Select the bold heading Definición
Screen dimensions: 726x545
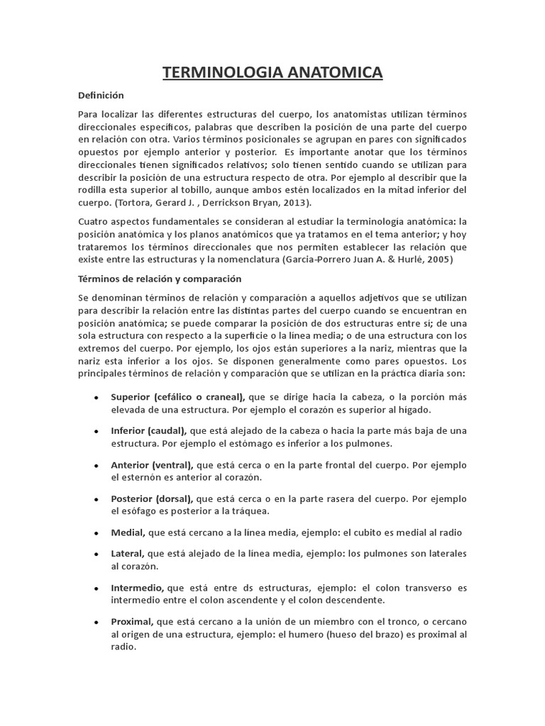101,95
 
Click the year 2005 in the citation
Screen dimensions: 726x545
436,259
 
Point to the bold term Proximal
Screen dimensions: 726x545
133,622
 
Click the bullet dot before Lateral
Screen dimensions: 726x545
97,554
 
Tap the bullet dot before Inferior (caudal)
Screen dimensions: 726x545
97,431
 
